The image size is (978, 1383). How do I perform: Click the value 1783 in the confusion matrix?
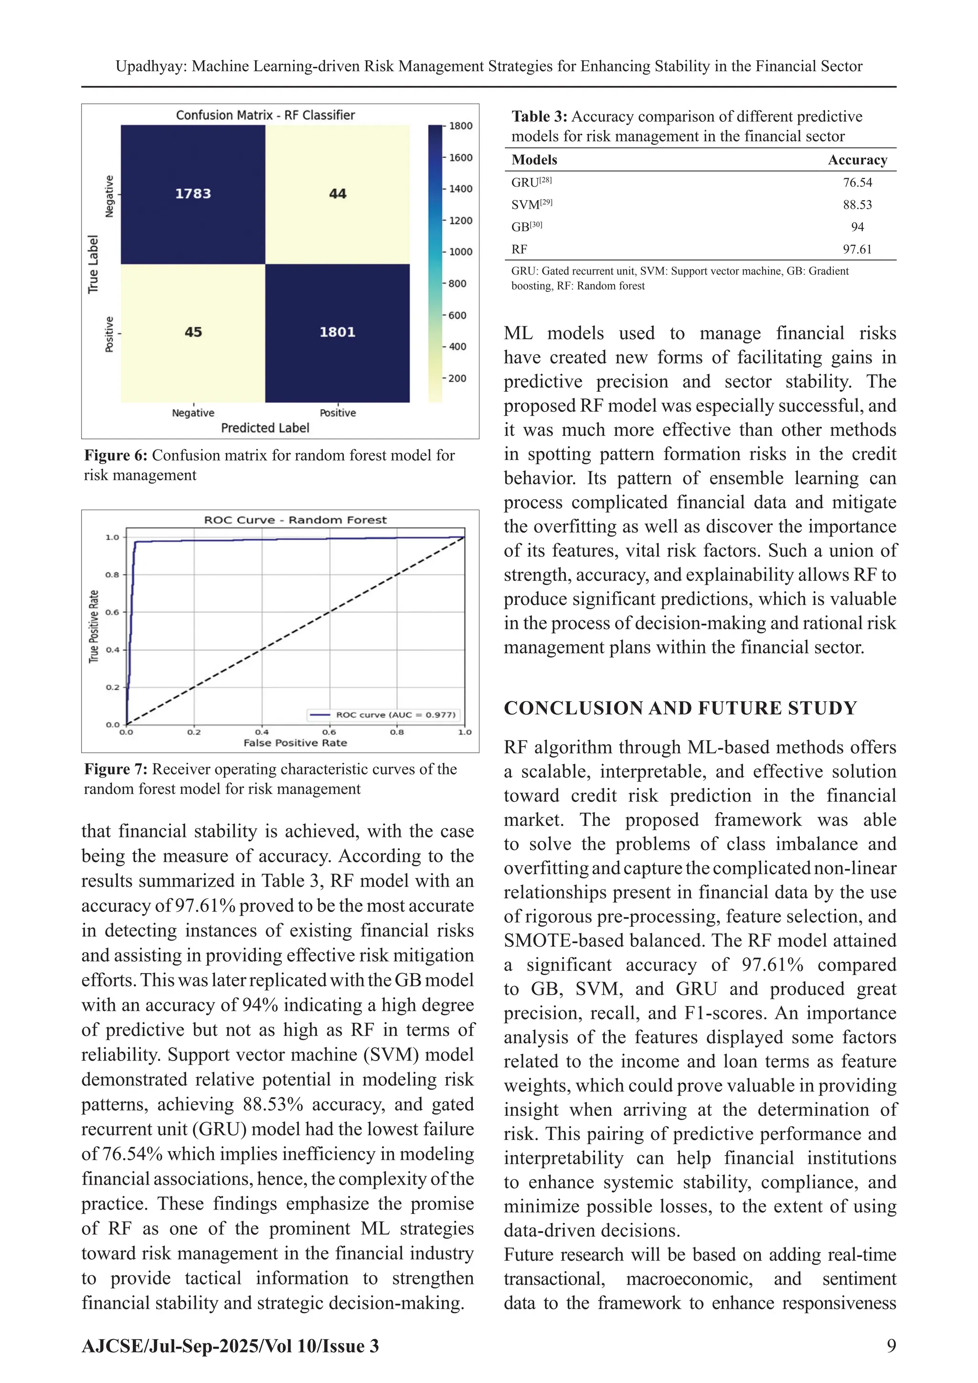pos(193,193)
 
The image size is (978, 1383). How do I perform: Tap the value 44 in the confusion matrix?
pos(337,193)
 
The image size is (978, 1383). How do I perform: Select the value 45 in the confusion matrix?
pos(193,332)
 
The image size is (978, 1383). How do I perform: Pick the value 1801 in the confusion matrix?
pos(337,332)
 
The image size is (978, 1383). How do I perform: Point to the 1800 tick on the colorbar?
pos(461,126)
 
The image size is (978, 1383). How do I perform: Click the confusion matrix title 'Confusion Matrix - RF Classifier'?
pos(265,115)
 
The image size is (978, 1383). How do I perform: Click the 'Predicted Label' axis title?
pos(265,428)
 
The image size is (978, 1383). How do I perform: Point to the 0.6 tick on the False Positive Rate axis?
pos(329,732)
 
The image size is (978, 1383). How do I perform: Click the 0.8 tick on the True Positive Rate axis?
pos(113,575)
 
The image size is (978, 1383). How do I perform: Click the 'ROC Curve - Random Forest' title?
pos(295,520)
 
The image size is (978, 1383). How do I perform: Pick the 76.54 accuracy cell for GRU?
pos(857,182)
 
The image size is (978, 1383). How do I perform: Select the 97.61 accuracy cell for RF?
pos(857,249)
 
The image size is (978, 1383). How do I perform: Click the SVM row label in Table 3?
pos(525,205)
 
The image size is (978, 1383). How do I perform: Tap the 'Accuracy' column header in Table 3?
pos(857,160)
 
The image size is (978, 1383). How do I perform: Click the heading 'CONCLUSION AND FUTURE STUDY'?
pos(680,708)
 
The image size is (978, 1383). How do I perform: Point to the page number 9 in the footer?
pos(891,1346)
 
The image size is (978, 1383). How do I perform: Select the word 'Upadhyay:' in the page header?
pos(151,66)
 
